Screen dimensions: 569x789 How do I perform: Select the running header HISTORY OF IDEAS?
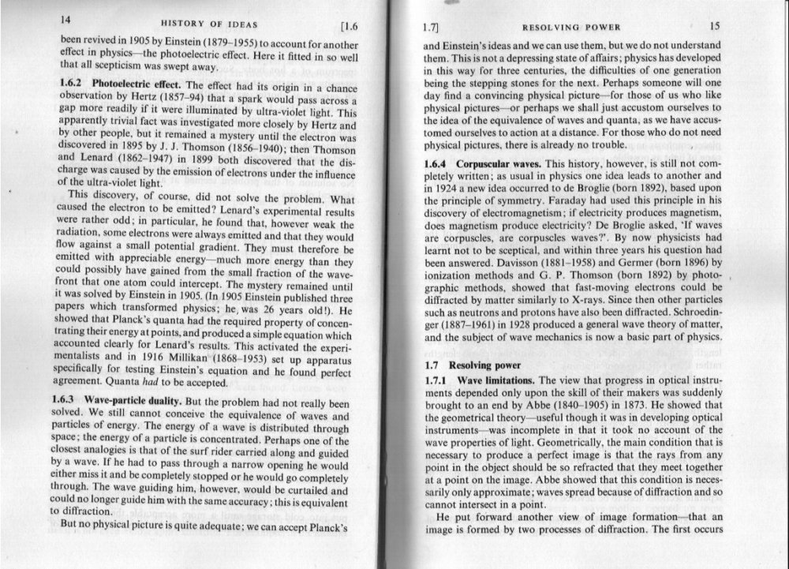(x=209, y=24)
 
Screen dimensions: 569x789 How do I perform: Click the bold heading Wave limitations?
(x=495, y=380)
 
